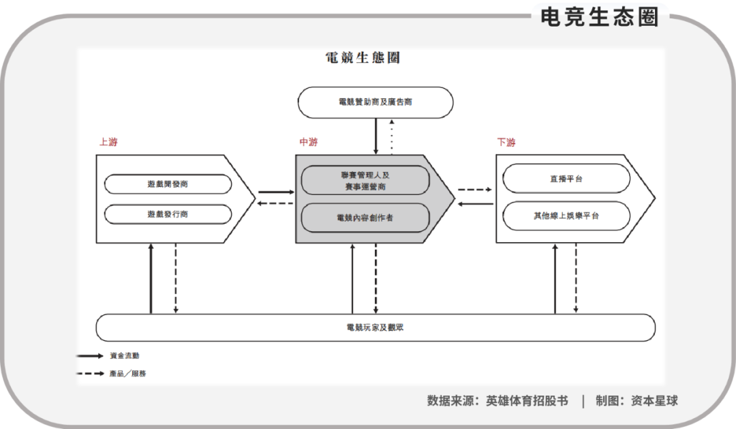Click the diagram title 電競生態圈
tap(363, 58)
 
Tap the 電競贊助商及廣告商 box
tap(375, 102)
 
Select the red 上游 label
tap(108, 143)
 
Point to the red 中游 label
tap(308, 143)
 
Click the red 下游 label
tap(506, 143)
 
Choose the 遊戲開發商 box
tap(168, 184)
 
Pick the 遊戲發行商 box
tap(168, 214)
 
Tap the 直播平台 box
tap(566, 179)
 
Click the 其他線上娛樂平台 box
tap(566, 216)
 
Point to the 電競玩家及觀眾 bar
tap(375, 327)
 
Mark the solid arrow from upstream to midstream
tap(275, 192)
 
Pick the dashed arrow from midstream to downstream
tap(475, 190)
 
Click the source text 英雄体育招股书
tap(527, 401)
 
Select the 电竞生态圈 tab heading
tap(600, 17)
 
